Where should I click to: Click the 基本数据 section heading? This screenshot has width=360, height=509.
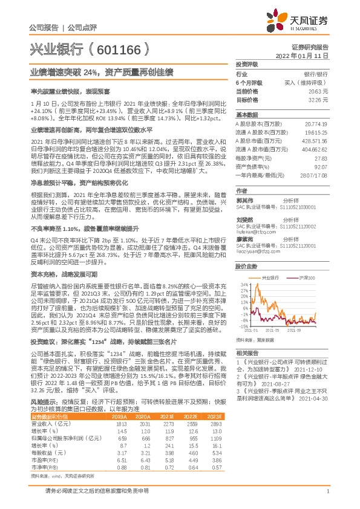(x=246, y=114)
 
